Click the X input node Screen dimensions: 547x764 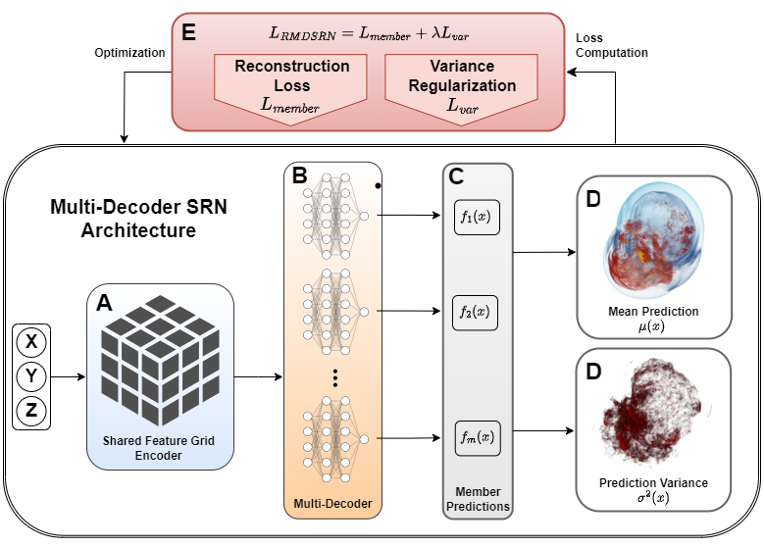click(x=31, y=342)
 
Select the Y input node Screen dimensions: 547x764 click(x=31, y=376)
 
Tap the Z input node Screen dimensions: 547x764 click(x=31, y=411)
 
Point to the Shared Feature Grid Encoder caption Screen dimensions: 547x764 click(x=159, y=448)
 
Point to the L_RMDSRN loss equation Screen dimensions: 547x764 click(x=369, y=34)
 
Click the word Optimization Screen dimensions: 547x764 click(x=129, y=52)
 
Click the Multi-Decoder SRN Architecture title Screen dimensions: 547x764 click(x=124, y=221)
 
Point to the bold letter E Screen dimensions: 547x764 click(x=188, y=31)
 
